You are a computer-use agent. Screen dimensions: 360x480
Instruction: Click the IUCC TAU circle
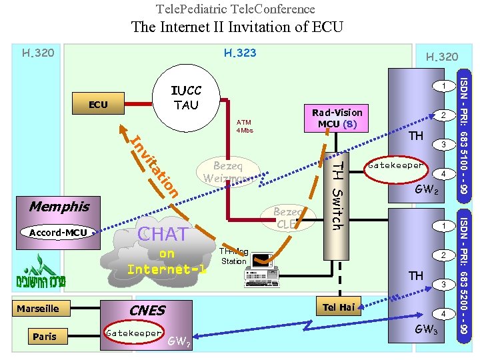click(x=186, y=98)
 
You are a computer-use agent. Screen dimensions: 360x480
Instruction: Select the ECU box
click(x=98, y=105)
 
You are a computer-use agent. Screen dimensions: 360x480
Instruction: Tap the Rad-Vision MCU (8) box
click(x=337, y=118)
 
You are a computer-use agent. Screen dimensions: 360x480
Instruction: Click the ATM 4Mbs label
click(x=245, y=126)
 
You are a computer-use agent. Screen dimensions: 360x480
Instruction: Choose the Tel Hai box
click(x=339, y=307)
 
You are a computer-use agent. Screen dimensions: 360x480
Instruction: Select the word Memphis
click(x=59, y=207)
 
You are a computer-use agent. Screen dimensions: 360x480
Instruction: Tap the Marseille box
click(x=38, y=308)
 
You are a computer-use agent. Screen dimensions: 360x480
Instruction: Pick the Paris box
click(x=45, y=336)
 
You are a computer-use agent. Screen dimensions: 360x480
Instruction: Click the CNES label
click(x=147, y=311)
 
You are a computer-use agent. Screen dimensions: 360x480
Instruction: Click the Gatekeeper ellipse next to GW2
click(x=396, y=165)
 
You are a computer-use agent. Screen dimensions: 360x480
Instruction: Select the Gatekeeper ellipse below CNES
click(x=134, y=333)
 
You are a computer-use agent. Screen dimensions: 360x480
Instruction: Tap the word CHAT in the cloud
click(x=163, y=234)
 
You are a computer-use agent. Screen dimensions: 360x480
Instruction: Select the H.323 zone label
click(x=240, y=53)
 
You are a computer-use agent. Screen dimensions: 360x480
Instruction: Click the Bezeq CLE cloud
click(x=287, y=218)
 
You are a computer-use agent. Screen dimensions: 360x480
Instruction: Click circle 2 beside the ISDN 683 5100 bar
click(x=442, y=115)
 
